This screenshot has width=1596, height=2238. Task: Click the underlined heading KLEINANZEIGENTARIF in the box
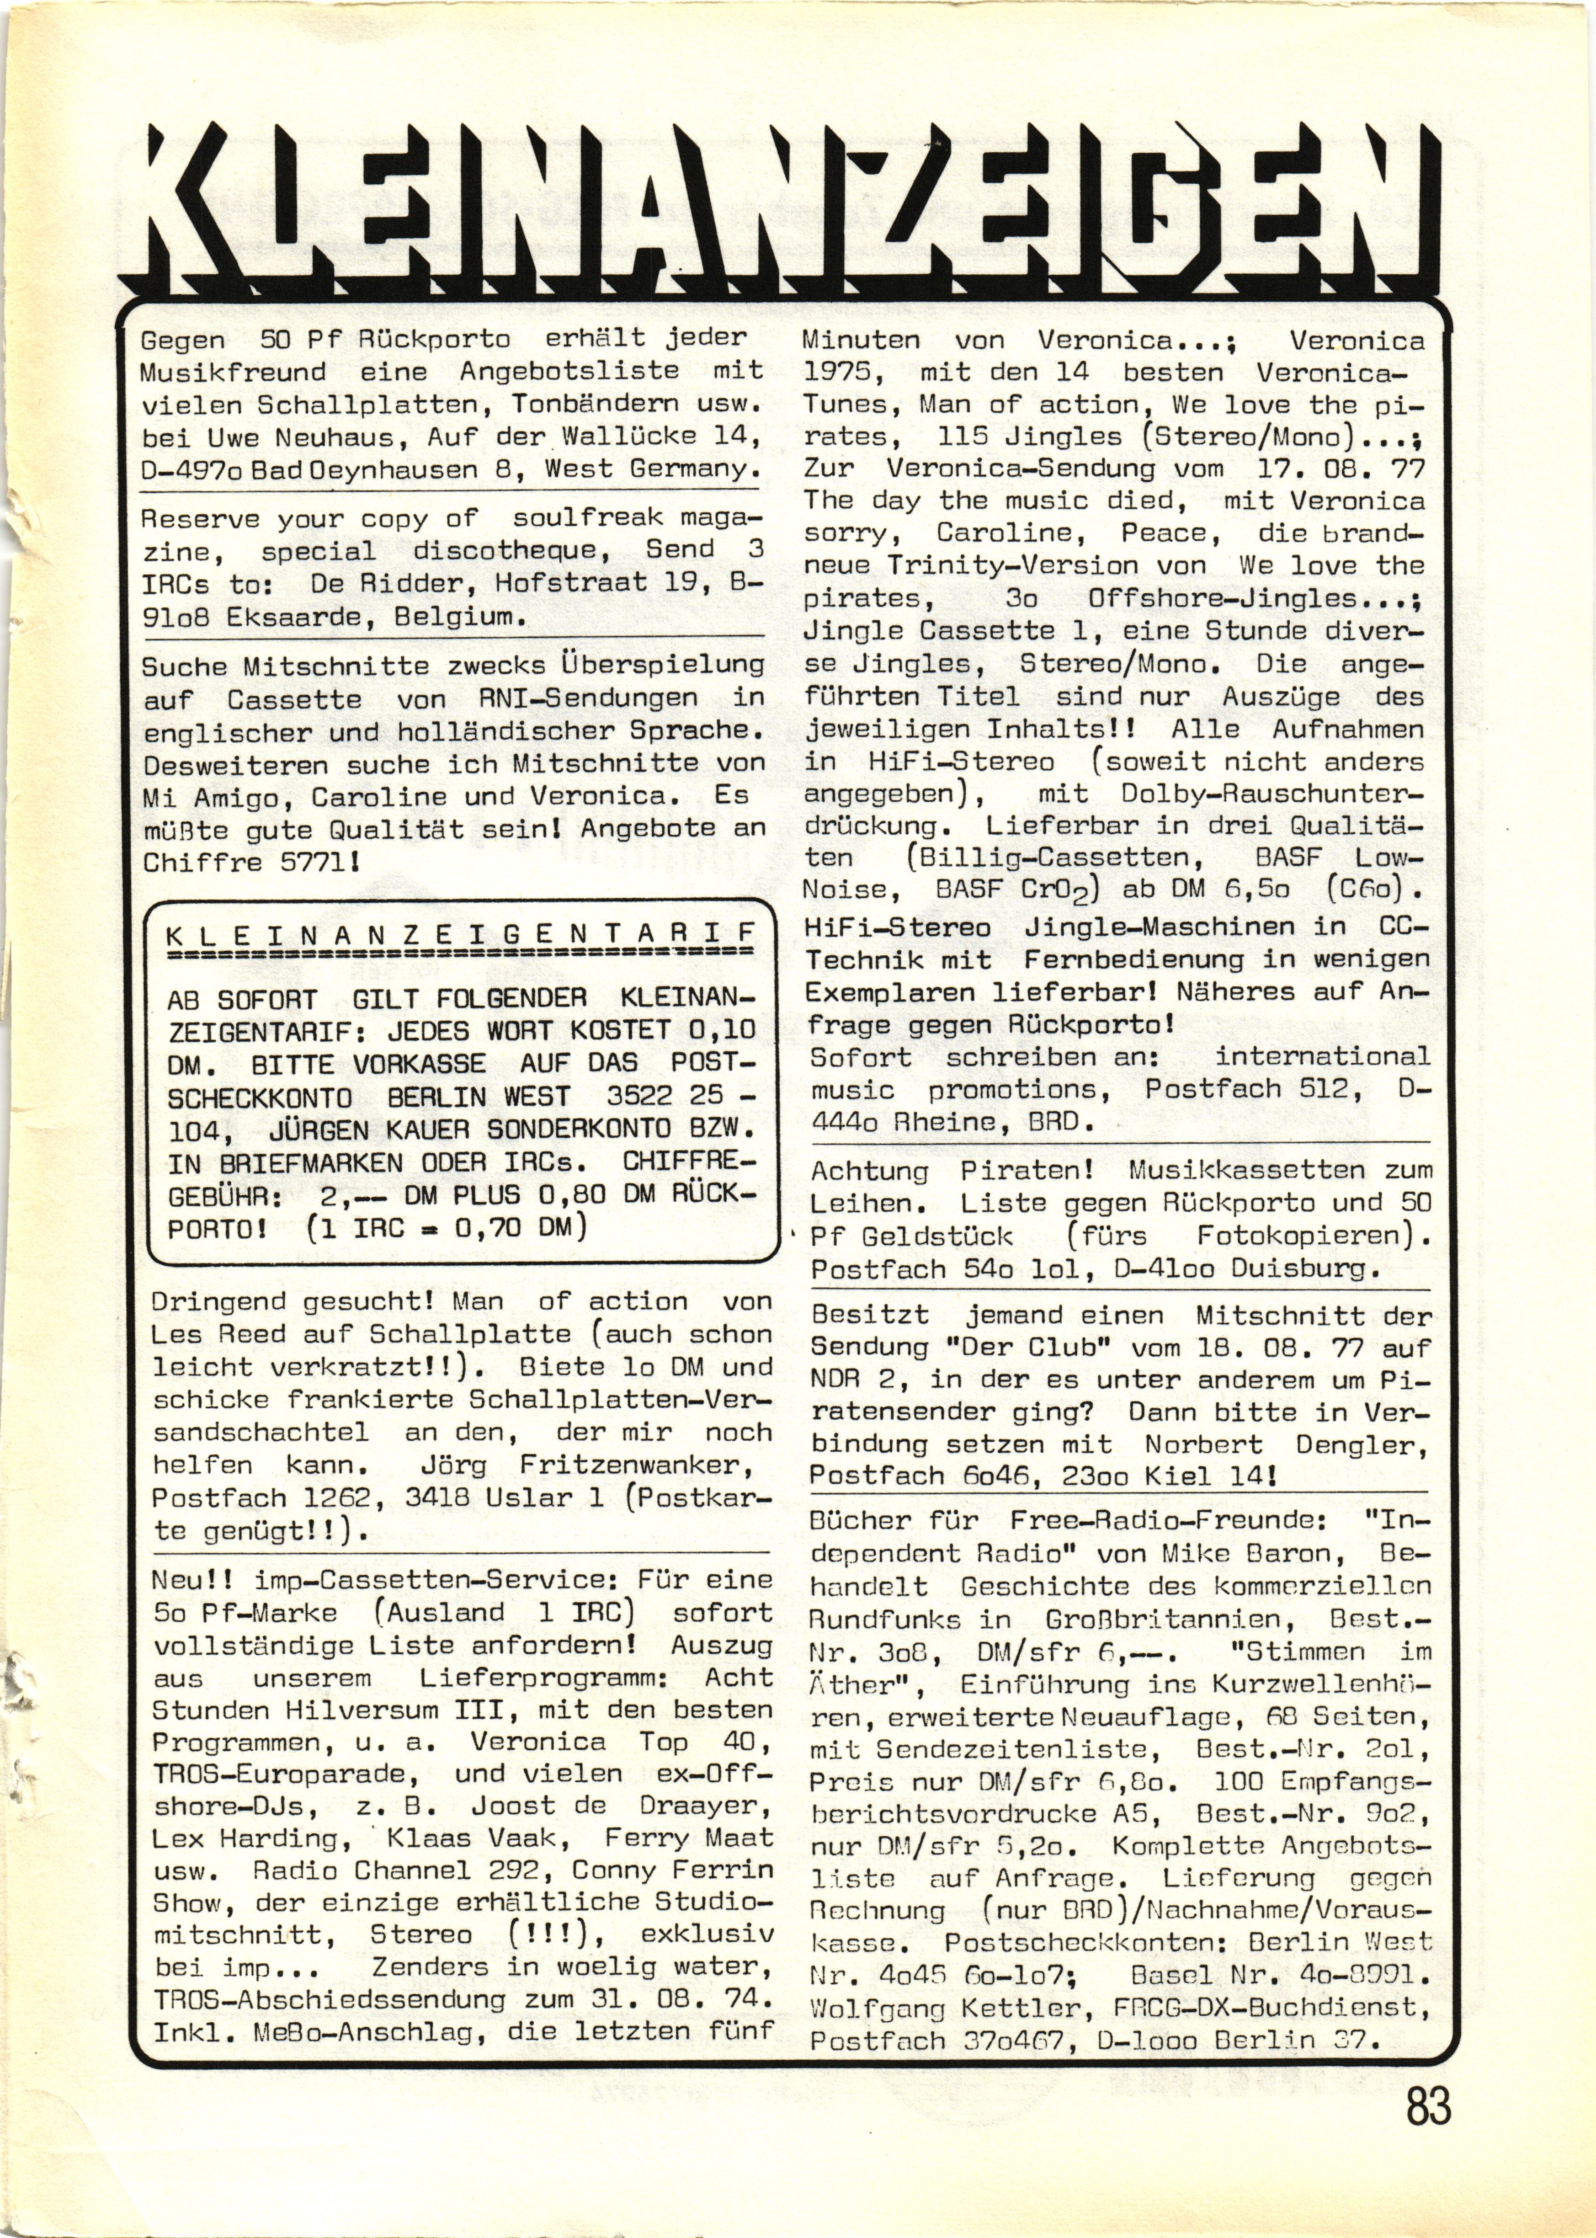pos(462,935)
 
